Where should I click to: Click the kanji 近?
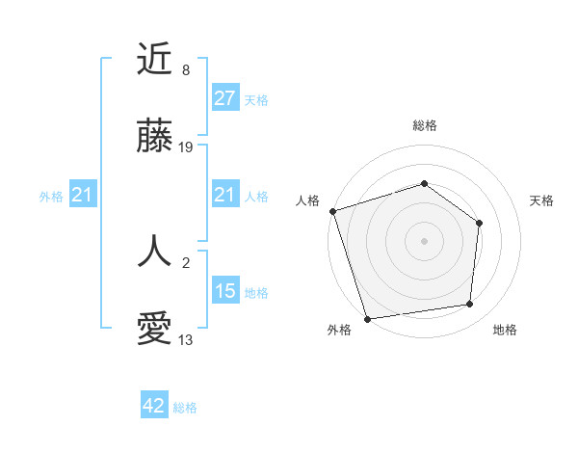(x=154, y=60)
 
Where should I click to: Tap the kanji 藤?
(x=154, y=137)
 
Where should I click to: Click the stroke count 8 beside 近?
(x=185, y=70)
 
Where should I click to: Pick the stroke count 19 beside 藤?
(x=187, y=147)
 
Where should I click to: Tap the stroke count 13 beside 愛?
(x=186, y=340)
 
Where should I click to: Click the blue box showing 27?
(x=224, y=98)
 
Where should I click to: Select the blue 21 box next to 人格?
(x=224, y=196)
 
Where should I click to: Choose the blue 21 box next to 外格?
(x=83, y=196)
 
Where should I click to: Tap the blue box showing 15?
(x=224, y=291)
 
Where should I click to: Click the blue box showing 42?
(x=154, y=407)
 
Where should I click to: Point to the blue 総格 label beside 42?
(x=185, y=408)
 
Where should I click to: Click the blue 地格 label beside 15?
(x=256, y=292)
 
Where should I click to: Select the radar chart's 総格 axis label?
(x=425, y=125)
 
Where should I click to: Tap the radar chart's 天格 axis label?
(x=541, y=200)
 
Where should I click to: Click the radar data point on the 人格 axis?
(x=332, y=211)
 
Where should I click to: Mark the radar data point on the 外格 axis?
(x=367, y=318)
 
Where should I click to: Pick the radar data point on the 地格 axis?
(x=470, y=305)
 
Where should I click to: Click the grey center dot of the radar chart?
(x=425, y=240)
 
